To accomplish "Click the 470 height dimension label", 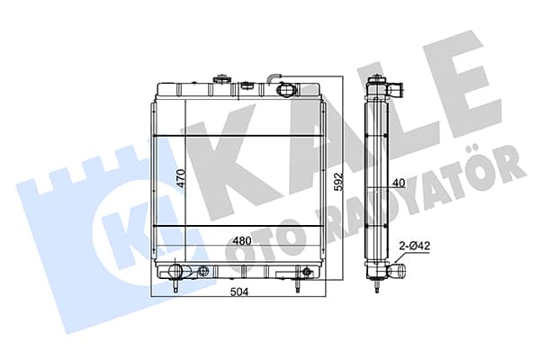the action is (x=182, y=178).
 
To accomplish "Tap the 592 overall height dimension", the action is (x=339, y=182).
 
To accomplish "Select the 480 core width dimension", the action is (x=242, y=241).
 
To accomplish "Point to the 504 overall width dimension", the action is (x=238, y=292).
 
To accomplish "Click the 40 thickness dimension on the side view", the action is (x=399, y=184).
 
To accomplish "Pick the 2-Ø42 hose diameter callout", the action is (x=414, y=246).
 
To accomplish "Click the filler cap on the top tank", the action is (x=220, y=79).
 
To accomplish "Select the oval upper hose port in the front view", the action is (x=286, y=90).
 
